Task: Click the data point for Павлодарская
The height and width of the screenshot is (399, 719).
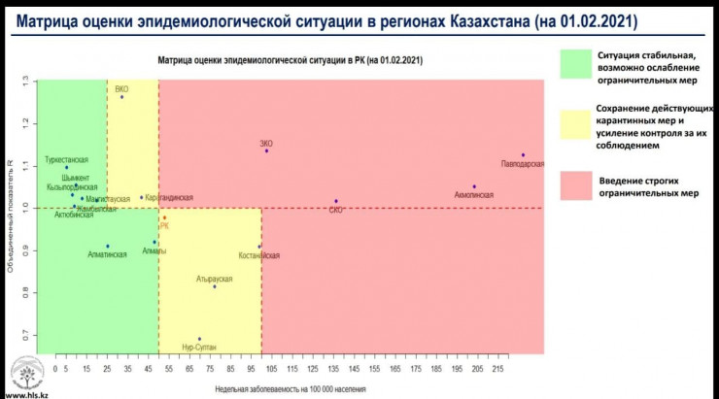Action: tap(523, 155)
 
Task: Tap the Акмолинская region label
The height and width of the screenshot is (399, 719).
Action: tap(473, 195)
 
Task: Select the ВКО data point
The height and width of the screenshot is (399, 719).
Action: tap(121, 97)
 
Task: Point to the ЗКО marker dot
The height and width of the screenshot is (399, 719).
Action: tap(266, 150)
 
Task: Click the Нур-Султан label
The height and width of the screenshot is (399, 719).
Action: tap(200, 347)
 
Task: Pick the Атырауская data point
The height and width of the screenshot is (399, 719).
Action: tap(215, 286)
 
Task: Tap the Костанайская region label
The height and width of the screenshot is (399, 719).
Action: tap(259, 255)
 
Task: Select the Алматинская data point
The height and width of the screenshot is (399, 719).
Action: tap(107, 246)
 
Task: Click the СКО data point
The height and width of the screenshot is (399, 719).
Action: tap(336, 201)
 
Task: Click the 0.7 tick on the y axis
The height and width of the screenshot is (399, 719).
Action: tap(26, 335)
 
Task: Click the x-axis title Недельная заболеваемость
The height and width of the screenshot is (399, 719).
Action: tap(291, 388)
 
